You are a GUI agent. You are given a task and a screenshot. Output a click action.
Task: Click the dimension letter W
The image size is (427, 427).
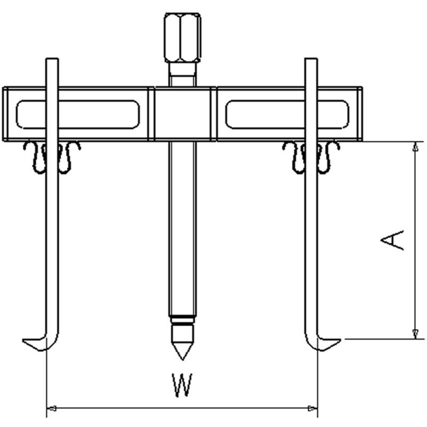pyautogui.click(x=182, y=385)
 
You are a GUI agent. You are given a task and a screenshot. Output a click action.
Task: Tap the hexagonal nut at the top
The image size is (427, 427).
pyautogui.click(x=182, y=38)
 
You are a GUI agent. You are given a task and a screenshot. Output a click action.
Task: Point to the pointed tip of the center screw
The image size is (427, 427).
pyautogui.click(x=182, y=360)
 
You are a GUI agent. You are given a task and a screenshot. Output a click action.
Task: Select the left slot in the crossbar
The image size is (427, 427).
pyautogui.click(x=78, y=114)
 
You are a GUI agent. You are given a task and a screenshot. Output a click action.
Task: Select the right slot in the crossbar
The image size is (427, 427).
pyautogui.click(x=287, y=114)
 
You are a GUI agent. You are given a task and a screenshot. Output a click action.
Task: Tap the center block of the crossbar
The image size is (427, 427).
pyautogui.click(x=182, y=114)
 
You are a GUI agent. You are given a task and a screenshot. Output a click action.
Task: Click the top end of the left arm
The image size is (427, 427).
pyautogui.click(x=52, y=59)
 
